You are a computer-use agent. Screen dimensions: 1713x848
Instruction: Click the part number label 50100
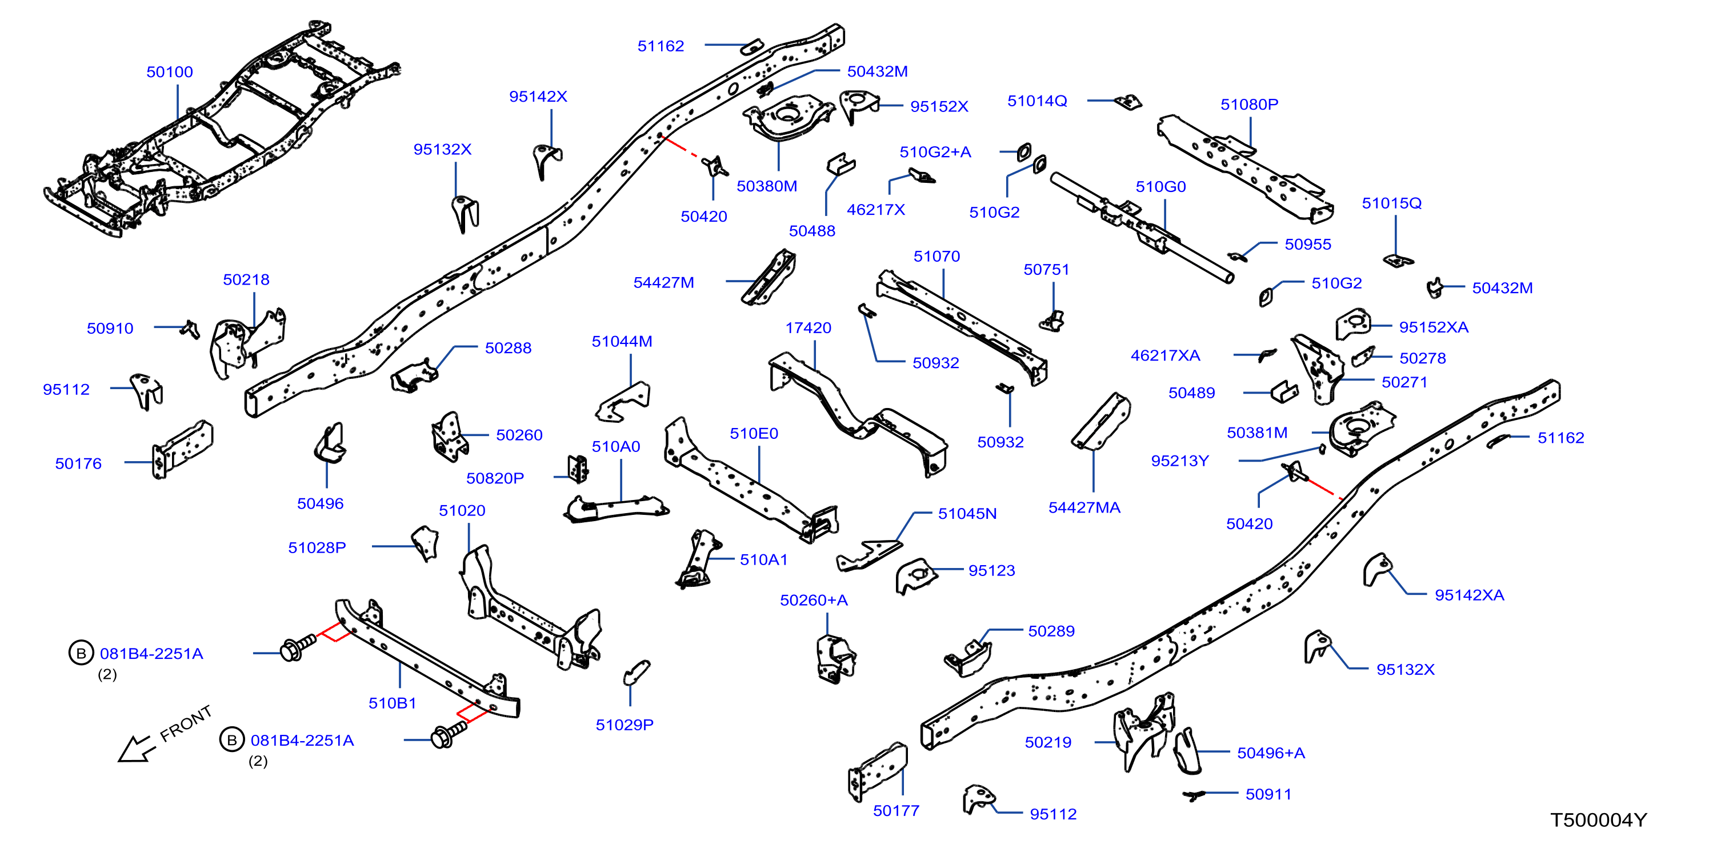tap(170, 72)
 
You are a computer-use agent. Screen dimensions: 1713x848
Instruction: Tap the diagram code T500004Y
tap(1599, 820)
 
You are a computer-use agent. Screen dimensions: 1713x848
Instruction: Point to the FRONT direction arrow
tap(137, 750)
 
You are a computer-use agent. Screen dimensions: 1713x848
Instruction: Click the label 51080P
tap(1249, 105)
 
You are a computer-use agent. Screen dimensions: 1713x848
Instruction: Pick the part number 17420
tap(808, 328)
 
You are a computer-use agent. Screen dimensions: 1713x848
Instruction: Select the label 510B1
tap(393, 703)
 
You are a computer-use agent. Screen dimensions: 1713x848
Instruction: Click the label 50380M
tap(767, 186)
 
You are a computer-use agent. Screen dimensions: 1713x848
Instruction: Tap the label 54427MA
tap(1084, 507)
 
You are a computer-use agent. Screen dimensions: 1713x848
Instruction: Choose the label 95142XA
tap(1469, 595)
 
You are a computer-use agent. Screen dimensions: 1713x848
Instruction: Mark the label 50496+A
tap(1271, 753)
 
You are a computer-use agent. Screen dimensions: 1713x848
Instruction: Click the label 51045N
tap(967, 514)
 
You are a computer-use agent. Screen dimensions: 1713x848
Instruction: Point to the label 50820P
tap(495, 478)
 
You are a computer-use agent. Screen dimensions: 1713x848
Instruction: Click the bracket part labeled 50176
tap(183, 449)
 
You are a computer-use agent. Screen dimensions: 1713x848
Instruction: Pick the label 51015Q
tap(1391, 203)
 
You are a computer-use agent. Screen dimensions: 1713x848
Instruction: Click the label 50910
tap(110, 328)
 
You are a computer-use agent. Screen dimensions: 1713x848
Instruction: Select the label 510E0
tap(754, 434)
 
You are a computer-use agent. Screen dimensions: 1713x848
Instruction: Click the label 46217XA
tap(1165, 356)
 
